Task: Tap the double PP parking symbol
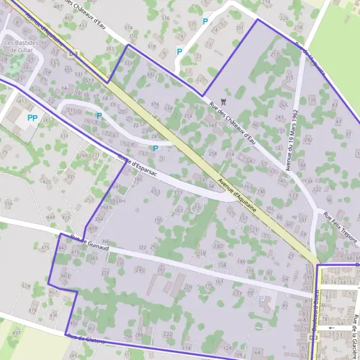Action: point(33,118)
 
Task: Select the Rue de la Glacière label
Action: point(355,332)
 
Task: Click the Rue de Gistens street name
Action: point(87,339)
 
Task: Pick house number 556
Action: point(8,204)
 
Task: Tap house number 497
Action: point(16,332)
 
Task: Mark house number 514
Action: point(26,287)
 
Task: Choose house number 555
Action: point(69,70)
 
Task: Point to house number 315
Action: point(289,77)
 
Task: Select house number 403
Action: point(65,275)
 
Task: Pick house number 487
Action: point(58,6)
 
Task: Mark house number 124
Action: point(227,348)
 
